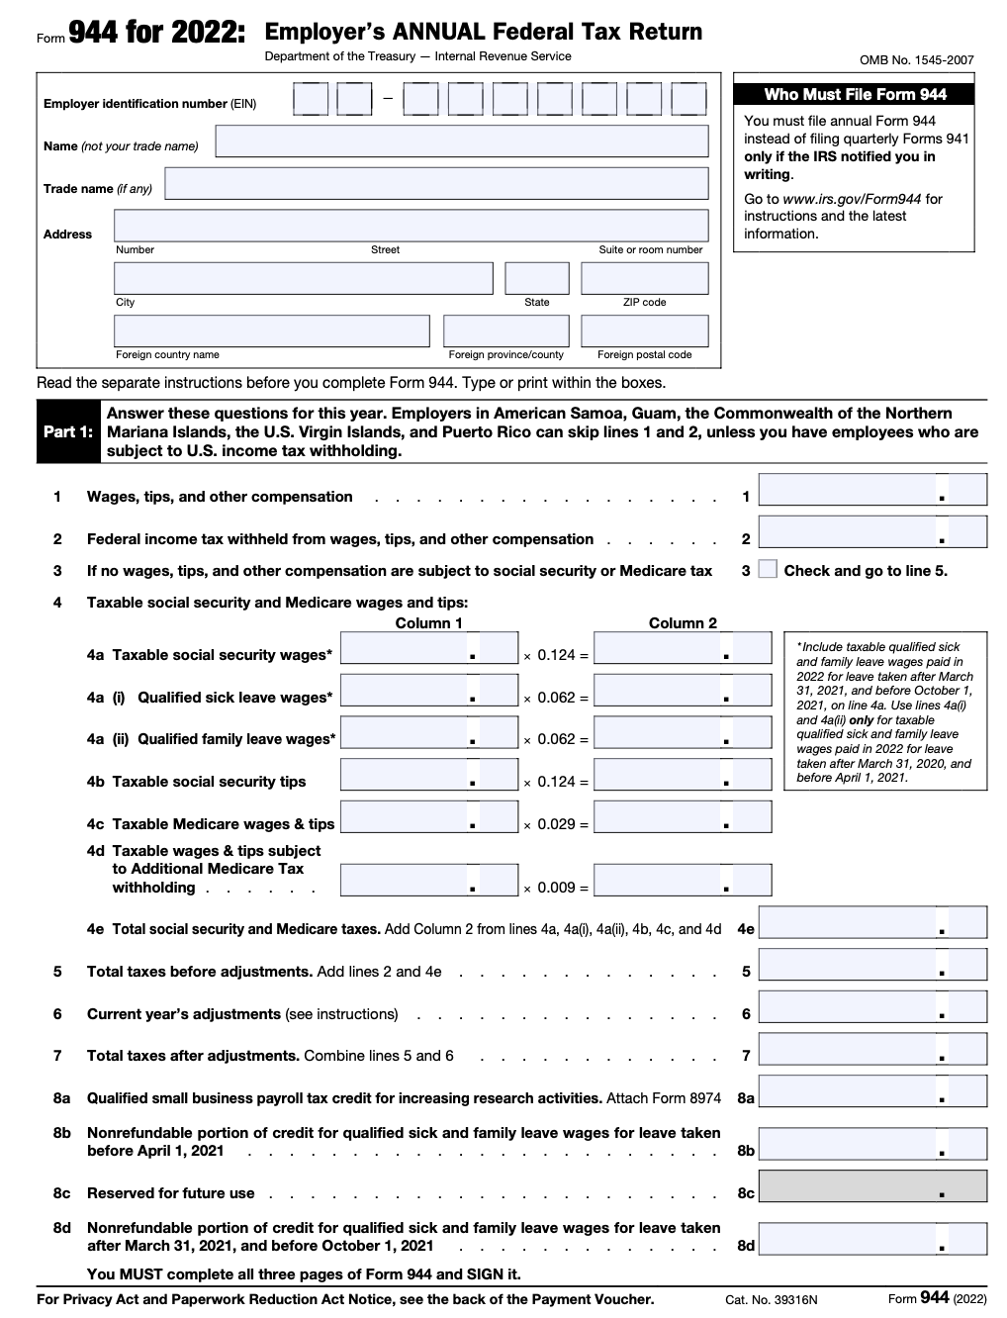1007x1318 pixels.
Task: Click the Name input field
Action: [x=461, y=141]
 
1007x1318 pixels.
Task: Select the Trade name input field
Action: [x=436, y=184]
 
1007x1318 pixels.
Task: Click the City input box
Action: [x=303, y=278]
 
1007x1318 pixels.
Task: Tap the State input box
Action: [x=537, y=278]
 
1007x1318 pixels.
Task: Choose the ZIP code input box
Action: [x=644, y=278]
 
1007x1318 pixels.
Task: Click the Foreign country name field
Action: [x=272, y=330]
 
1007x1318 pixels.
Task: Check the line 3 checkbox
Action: [x=768, y=570]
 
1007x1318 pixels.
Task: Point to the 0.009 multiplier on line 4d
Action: [x=556, y=888]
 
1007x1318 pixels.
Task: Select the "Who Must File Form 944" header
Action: [x=855, y=95]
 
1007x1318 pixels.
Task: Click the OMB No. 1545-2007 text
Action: [x=916, y=60]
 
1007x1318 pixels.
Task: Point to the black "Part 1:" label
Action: [x=68, y=432]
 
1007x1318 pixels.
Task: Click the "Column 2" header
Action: [x=683, y=623]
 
